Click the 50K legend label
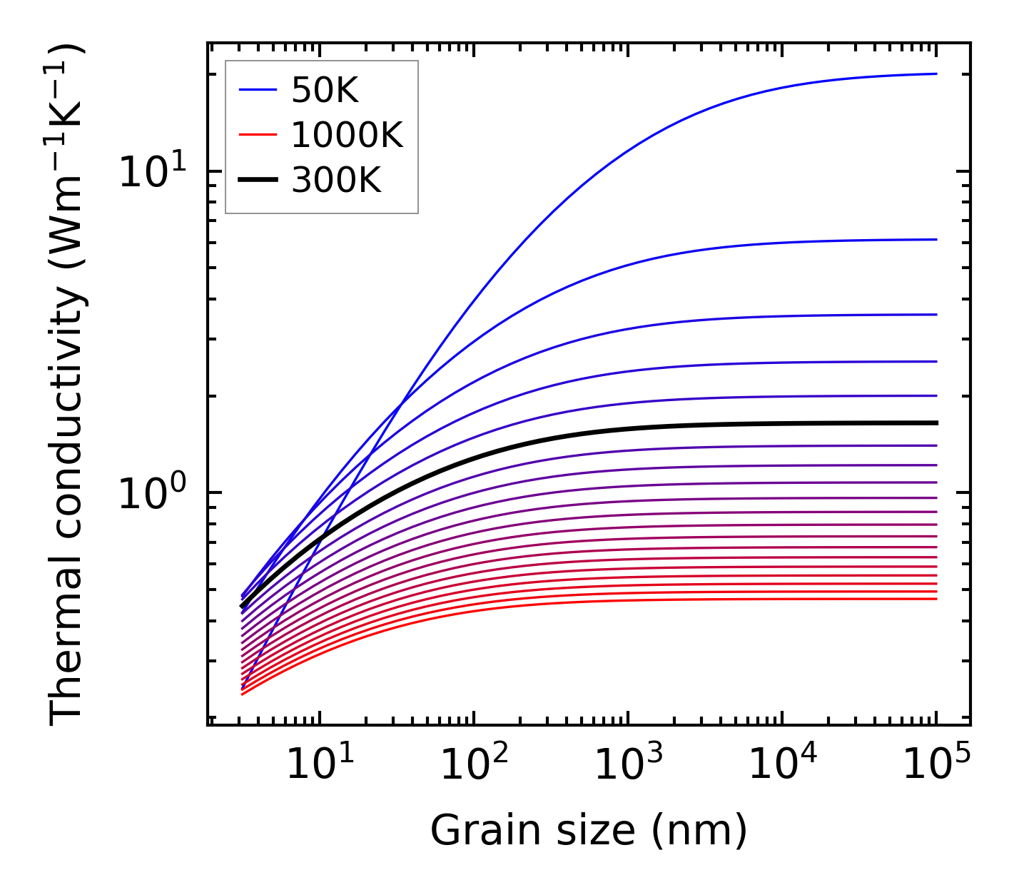click(x=325, y=91)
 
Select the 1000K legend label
click(x=348, y=135)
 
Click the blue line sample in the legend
click(x=258, y=91)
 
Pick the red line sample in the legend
click(x=258, y=135)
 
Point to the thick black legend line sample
click(x=258, y=180)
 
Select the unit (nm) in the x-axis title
click(x=700, y=831)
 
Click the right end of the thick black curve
click(x=936, y=423)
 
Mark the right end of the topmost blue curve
click(x=936, y=74)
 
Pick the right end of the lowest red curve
click(x=936, y=598)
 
